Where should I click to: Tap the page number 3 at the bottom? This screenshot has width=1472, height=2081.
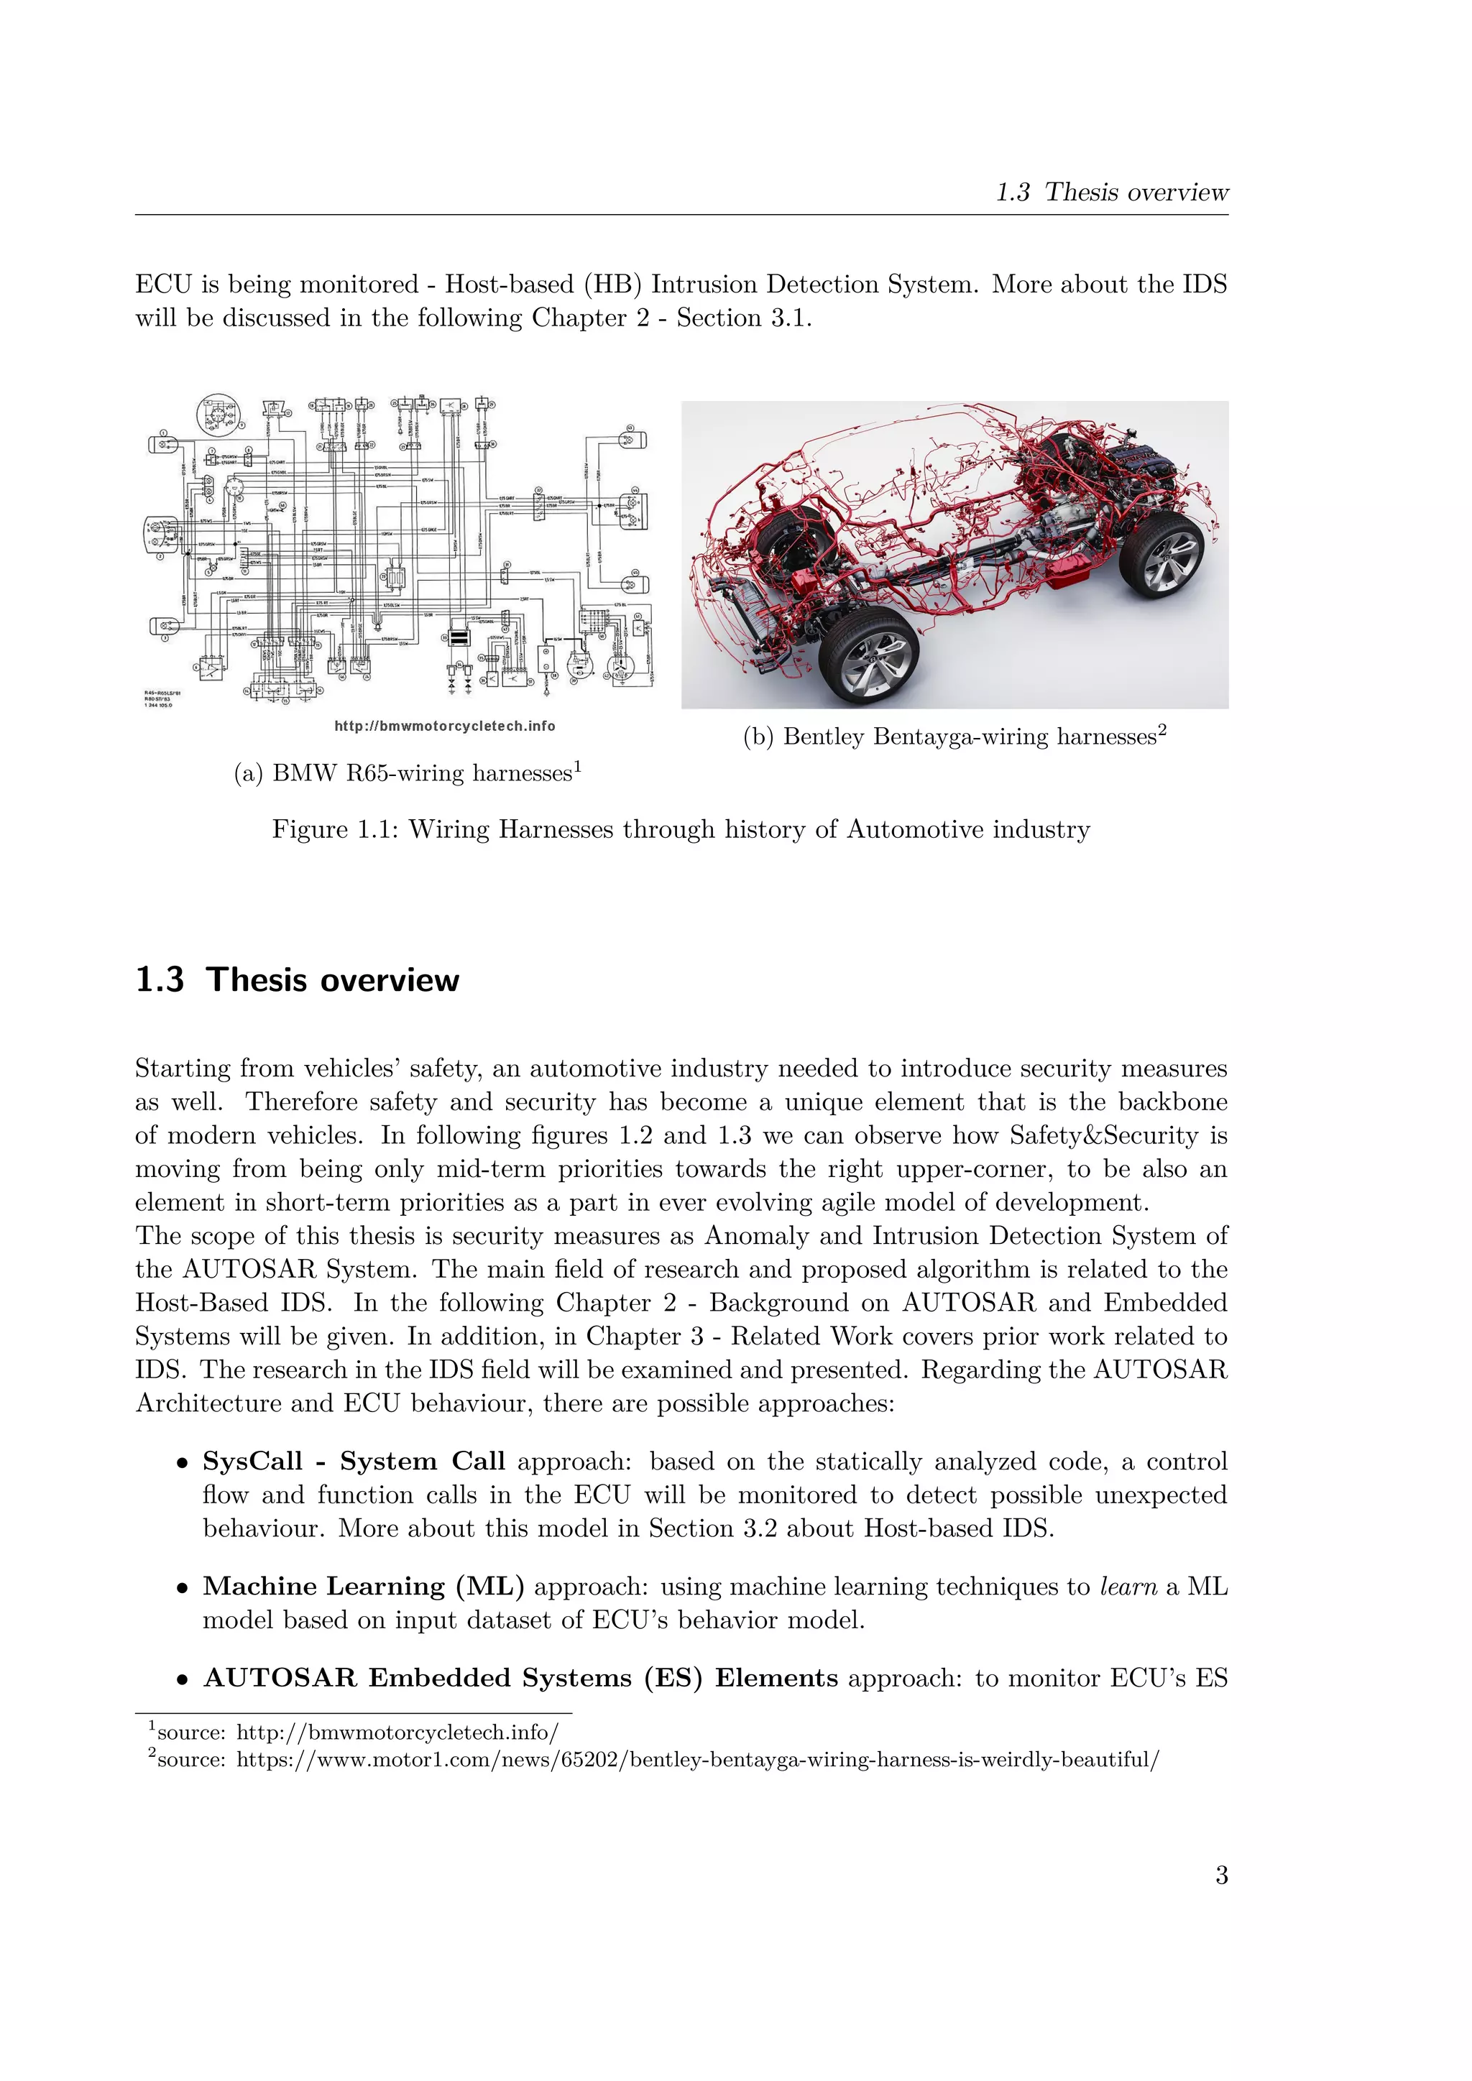click(1221, 1874)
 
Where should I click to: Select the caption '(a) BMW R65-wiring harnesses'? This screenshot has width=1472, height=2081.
click(407, 773)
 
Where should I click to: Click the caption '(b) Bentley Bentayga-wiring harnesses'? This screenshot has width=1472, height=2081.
click(954, 737)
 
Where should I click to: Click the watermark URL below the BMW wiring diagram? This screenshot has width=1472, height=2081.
click(444, 726)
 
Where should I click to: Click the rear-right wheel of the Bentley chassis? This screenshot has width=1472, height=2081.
click(1161, 552)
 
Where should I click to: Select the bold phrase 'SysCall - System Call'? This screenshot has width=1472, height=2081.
click(354, 1461)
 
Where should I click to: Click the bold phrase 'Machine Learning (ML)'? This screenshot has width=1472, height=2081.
click(364, 1586)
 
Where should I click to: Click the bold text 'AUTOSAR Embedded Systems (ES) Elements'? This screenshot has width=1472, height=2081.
click(520, 1678)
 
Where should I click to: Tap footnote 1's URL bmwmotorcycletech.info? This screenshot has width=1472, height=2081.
click(397, 1732)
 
